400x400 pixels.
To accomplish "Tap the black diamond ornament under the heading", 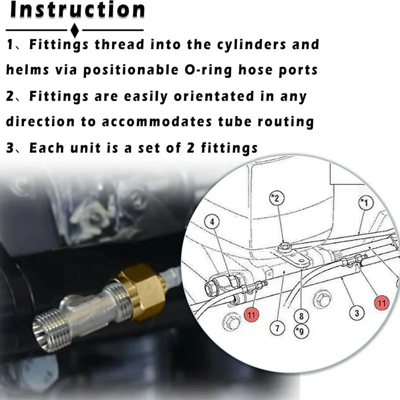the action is point(74,29).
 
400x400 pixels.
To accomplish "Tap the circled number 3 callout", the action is point(356,313).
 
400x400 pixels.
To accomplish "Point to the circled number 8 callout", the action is point(301,316).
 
